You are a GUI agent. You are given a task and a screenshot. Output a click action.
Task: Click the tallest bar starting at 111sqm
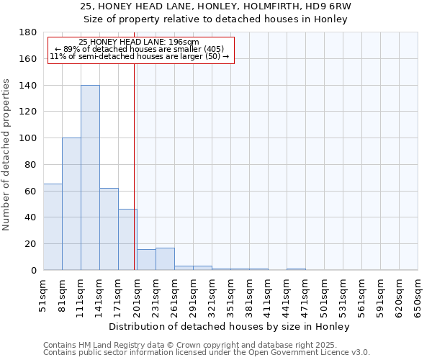(90, 178)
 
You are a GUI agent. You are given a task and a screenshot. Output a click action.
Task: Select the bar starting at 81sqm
(71, 204)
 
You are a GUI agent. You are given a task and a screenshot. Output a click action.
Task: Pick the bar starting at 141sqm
(109, 229)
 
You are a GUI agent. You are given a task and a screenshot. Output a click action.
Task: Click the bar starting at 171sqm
(127, 240)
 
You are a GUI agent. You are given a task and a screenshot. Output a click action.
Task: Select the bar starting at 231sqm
(165, 259)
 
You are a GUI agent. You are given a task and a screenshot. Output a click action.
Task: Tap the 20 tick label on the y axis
(31, 244)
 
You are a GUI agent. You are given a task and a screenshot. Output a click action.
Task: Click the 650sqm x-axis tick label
(418, 296)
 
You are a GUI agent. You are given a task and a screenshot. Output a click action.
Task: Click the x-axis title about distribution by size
(230, 326)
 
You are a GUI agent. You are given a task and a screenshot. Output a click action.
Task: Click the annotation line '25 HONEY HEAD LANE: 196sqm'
(139, 42)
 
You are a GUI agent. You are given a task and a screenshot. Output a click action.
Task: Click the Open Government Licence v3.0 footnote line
(207, 352)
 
